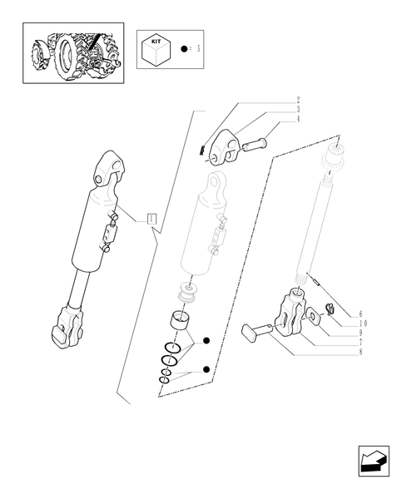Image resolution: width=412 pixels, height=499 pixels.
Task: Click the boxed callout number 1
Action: (x=151, y=219)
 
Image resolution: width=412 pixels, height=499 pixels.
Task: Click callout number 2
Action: (x=298, y=101)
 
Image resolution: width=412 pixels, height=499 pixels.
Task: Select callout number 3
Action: (x=298, y=110)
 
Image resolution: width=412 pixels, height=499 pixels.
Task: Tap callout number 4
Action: (x=298, y=119)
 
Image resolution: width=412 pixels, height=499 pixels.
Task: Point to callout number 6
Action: (x=360, y=314)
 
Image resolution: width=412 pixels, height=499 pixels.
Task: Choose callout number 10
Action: (x=363, y=324)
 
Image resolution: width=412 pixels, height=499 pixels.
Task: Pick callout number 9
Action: (x=360, y=333)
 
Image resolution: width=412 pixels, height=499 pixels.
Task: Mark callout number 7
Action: (x=360, y=343)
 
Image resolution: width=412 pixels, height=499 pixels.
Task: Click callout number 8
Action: (x=360, y=352)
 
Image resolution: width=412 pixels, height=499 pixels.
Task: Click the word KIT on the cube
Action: (x=156, y=42)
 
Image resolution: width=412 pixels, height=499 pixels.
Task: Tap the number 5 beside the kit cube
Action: (x=198, y=49)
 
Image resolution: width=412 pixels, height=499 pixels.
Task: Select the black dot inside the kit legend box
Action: (x=184, y=49)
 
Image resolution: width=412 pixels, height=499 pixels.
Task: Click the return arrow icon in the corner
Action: (x=374, y=461)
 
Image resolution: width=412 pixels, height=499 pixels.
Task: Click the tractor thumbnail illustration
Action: (x=73, y=53)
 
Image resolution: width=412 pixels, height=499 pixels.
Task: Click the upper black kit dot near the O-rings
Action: (x=206, y=340)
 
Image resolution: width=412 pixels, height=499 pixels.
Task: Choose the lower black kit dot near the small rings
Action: (x=206, y=369)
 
